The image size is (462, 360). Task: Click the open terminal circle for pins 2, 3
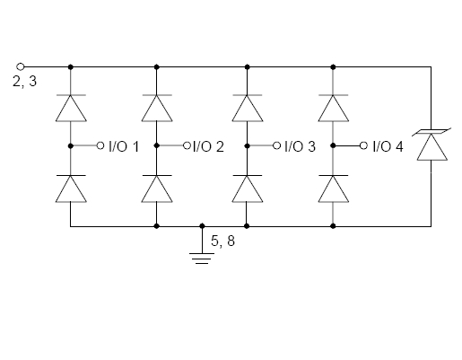(20, 66)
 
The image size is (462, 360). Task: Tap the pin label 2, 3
(24, 82)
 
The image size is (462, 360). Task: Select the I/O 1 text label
(124, 146)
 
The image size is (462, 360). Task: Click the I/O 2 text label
(208, 146)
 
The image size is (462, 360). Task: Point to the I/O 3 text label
(300, 146)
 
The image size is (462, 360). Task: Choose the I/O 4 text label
(388, 146)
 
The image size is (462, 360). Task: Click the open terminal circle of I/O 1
(100, 145)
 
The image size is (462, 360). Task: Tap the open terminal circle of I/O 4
(363, 145)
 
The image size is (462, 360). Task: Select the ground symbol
(202, 259)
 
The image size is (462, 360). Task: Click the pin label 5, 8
(222, 241)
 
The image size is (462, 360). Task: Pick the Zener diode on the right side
(431, 145)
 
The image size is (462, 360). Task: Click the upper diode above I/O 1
(71, 108)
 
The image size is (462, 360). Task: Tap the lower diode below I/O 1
(71, 189)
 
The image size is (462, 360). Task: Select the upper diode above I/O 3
(248, 108)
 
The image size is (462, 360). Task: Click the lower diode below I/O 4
(333, 189)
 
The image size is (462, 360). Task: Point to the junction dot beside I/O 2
(156, 145)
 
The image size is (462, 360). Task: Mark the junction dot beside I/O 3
(247, 145)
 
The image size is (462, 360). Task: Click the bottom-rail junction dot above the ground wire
(202, 226)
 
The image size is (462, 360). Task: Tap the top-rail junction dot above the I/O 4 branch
(333, 67)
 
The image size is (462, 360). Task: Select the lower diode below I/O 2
(157, 189)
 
